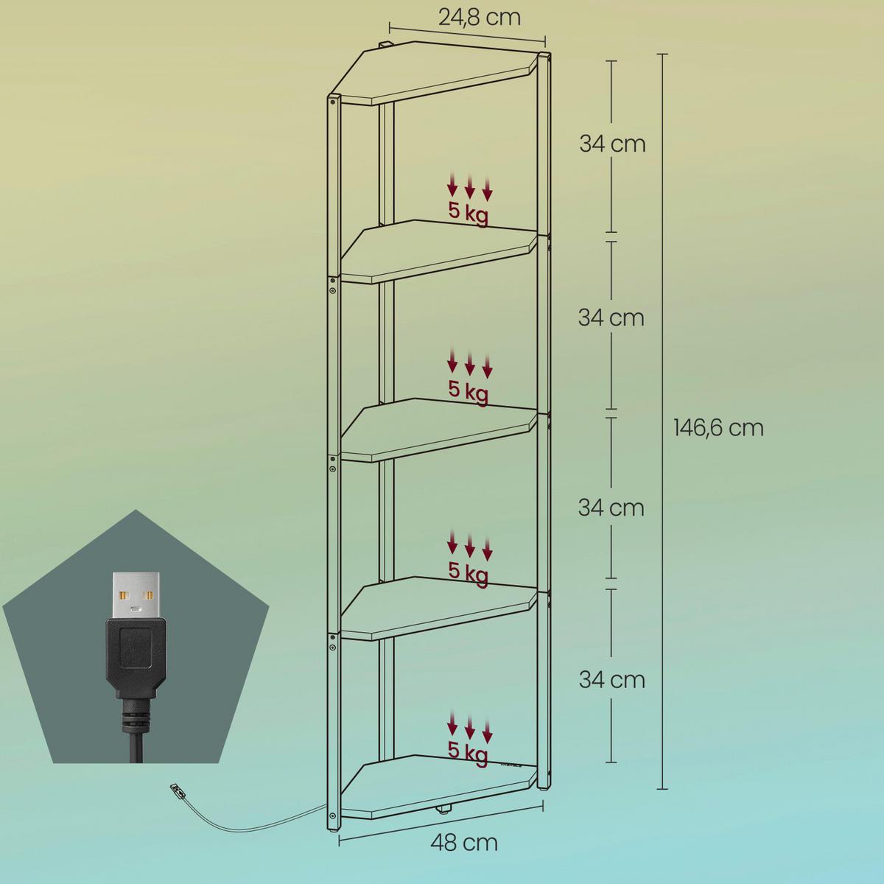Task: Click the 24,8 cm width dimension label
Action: [x=480, y=18]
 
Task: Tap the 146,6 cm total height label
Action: [x=718, y=427]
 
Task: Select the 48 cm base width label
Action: [x=464, y=842]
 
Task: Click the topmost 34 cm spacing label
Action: [x=612, y=144]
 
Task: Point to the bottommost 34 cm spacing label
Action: [x=612, y=679]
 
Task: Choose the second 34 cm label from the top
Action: [x=611, y=318]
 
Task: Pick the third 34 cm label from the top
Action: [x=611, y=508]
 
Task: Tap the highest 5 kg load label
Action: [x=469, y=213]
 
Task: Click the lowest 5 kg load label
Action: [x=468, y=752]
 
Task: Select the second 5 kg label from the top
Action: [x=469, y=391]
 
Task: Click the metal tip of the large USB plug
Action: [x=136, y=595]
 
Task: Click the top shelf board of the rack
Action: [x=433, y=74]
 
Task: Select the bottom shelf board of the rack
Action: [x=439, y=787]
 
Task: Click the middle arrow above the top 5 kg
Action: [x=469, y=186]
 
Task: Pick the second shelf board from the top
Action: [x=439, y=251]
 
